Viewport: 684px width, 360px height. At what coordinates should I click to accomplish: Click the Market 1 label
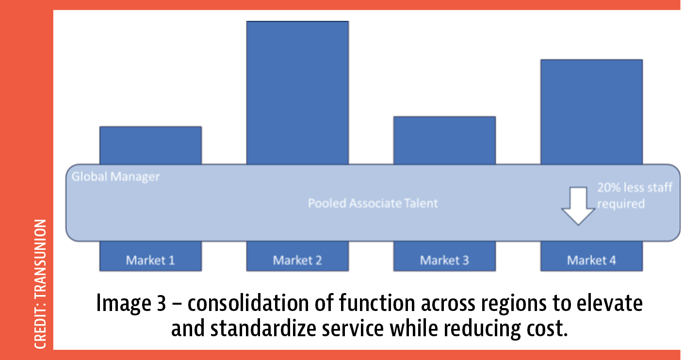point(150,261)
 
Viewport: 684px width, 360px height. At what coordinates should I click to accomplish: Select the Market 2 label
point(297,261)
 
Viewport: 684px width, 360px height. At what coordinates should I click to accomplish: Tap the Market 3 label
point(444,261)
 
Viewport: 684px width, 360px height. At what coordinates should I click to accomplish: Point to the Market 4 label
point(591,261)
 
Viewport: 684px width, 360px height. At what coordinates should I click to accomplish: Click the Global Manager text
point(115,177)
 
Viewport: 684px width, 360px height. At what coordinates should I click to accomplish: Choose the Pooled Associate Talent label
point(373,203)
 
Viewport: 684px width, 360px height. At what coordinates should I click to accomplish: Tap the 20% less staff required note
point(635,196)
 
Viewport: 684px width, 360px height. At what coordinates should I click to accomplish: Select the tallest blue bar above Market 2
point(297,93)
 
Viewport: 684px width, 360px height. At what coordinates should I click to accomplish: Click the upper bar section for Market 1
point(150,146)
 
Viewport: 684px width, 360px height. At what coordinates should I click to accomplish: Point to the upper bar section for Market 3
point(444,140)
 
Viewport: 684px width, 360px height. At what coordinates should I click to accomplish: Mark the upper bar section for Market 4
point(591,112)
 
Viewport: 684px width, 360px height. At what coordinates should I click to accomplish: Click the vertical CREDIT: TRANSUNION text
point(40,284)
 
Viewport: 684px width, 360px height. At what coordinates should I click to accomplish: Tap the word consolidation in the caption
point(248,303)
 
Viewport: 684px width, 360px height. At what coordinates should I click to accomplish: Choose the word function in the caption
point(377,303)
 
